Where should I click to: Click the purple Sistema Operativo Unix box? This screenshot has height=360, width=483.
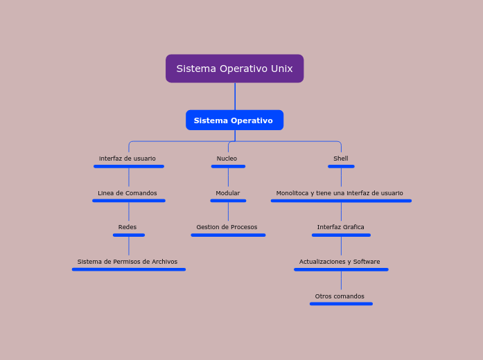click(x=234, y=69)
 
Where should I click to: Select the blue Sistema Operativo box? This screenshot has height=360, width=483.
click(x=234, y=120)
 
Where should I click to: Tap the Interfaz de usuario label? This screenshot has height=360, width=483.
click(x=128, y=159)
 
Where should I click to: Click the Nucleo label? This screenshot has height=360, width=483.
click(x=227, y=159)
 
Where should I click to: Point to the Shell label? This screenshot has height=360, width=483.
click(x=341, y=159)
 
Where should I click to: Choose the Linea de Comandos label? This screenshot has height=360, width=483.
click(x=128, y=193)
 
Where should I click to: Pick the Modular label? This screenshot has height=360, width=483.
click(x=228, y=193)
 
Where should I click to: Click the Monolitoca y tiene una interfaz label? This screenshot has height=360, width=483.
click(x=340, y=193)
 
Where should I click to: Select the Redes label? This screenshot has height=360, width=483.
click(x=128, y=227)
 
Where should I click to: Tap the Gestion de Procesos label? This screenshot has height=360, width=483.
click(x=227, y=227)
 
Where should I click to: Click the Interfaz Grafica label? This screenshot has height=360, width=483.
click(x=341, y=227)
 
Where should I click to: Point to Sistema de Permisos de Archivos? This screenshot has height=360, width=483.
click(x=128, y=262)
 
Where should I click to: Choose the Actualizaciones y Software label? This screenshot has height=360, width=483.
click(x=340, y=262)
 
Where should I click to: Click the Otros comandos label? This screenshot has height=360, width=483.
click(x=340, y=296)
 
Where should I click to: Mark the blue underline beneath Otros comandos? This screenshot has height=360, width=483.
click(x=341, y=303)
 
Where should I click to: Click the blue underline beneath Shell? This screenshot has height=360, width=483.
click(x=341, y=166)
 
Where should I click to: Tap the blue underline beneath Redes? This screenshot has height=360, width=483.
click(x=129, y=235)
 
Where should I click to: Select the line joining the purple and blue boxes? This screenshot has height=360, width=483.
click(x=235, y=96)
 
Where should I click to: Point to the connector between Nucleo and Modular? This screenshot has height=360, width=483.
click(x=228, y=178)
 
